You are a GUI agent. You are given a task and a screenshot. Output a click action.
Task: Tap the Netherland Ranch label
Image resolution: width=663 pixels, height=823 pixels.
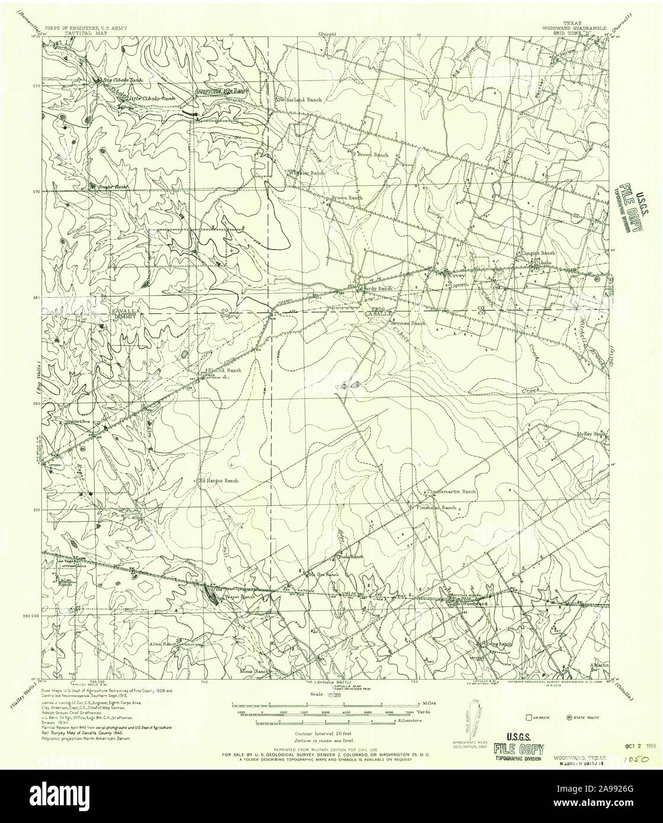point(300,100)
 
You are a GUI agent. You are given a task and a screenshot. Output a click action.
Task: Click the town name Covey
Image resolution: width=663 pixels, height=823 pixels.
point(458,275)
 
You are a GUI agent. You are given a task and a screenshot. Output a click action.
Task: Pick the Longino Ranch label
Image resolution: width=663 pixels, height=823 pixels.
point(536,253)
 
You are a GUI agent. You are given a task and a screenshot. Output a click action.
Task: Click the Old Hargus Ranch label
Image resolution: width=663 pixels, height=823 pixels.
point(218,481)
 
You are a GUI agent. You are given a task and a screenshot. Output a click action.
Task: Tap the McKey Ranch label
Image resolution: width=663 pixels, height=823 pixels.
point(592,434)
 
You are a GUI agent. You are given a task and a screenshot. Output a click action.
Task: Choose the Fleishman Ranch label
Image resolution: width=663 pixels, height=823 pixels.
point(436,508)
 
